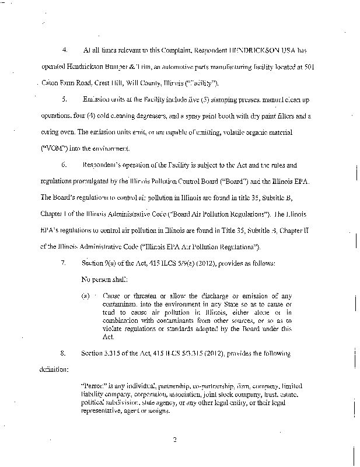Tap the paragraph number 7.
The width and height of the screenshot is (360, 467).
coord(64,264)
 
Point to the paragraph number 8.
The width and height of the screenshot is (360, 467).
coord(64,353)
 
